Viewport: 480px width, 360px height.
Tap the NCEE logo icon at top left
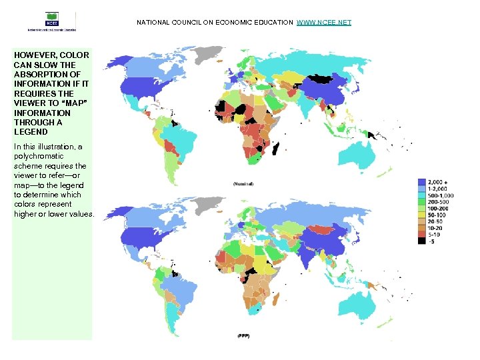[51, 19]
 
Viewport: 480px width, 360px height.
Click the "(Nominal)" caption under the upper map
[243, 183]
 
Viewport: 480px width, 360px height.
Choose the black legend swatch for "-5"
[421, 241]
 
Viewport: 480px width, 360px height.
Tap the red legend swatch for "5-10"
[421, 235]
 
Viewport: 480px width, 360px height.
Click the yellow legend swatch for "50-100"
[421, 215]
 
